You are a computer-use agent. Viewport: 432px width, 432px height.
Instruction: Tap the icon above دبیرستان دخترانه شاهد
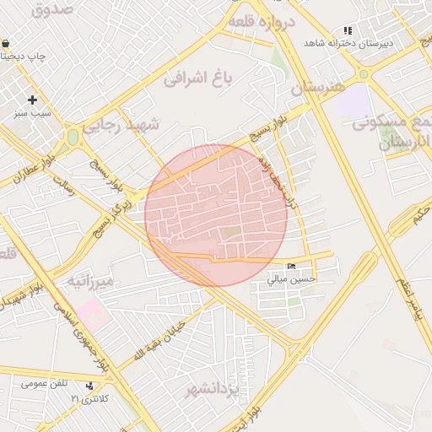click(x=348, y=30)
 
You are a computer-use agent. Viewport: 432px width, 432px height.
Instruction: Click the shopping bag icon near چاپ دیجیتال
click(x=6, y=43)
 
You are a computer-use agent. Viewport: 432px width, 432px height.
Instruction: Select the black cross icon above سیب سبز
click(x=32, y=100)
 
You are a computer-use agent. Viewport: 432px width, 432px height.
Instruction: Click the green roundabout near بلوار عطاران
click(x=73, y=136)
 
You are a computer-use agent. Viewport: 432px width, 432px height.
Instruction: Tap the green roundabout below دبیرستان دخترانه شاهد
click(x=364, y=74)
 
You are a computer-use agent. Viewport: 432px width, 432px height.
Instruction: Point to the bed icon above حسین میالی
click(x=291, y=267)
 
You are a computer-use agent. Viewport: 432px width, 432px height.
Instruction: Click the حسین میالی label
click(x=291, y=278)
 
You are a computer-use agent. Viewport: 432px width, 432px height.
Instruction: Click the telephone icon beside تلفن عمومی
click(x=90, y=386)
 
